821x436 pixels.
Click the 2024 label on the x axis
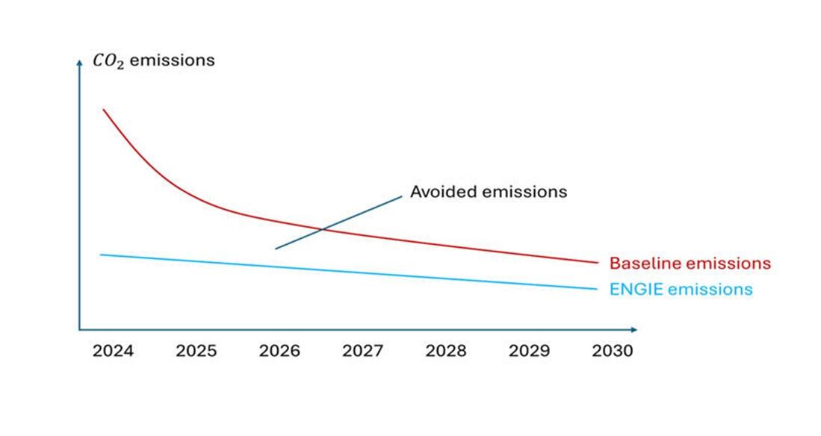pos(113,351)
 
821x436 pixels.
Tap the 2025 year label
pos(196,351)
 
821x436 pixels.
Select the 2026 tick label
pos(279,351)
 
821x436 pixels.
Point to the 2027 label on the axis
pos(363,351)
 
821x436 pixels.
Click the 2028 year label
pos(446,351)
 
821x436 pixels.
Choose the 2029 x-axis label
pos(530,351)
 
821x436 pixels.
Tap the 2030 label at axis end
pos(612,351)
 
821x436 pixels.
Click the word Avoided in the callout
pos(443,192)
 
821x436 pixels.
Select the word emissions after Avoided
pos(524,192)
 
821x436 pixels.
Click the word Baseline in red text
pos(644,264)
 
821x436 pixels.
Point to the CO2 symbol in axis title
pos(108,61)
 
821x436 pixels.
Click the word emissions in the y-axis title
pos(172,60)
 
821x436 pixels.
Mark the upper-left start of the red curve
pos(103,109)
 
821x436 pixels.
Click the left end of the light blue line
pos(101,255)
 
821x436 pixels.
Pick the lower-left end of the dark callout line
pos(276,249)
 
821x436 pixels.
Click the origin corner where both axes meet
pos(79,329)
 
